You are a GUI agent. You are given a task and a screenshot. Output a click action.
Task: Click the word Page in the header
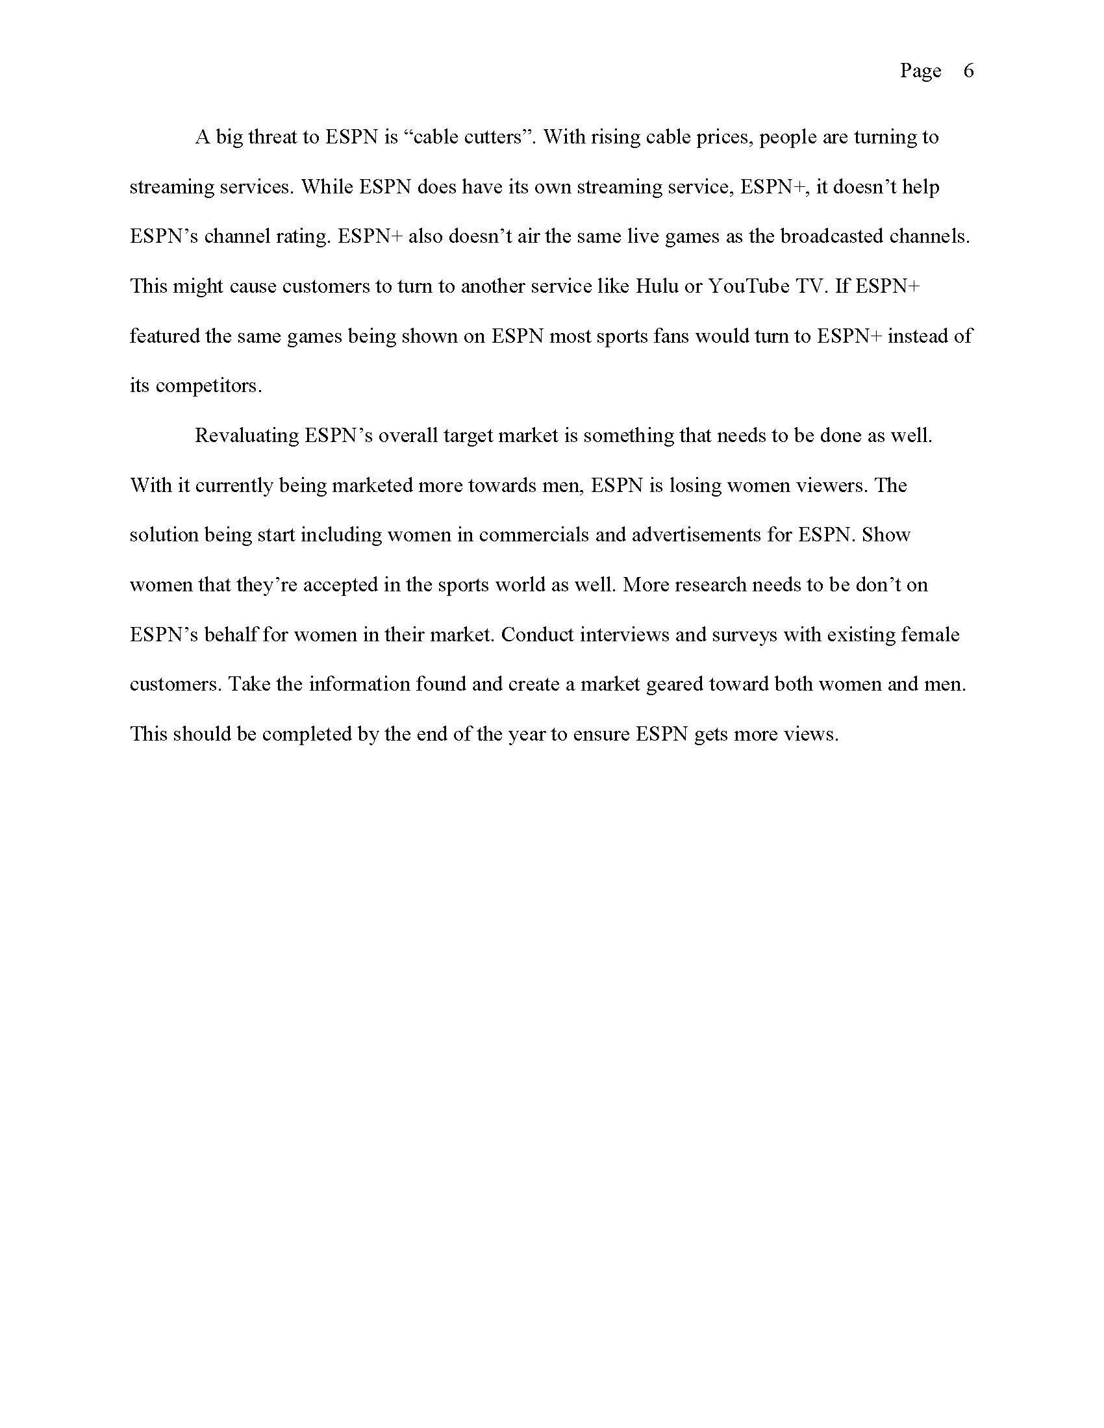coord(920,71)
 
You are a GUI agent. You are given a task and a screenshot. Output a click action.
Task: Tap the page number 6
coord(969,71)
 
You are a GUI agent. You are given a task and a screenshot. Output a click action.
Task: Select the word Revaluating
coord(247,436)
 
